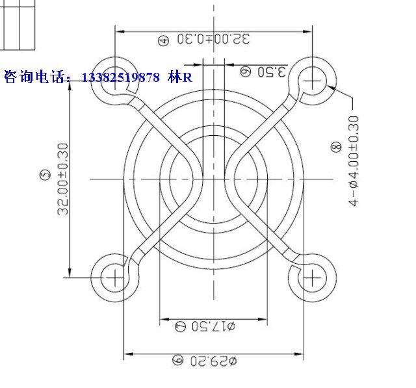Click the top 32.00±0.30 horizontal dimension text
pyautogui.click(x=214, y=39)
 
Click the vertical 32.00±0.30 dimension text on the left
pyautogui.click(x=63, y=179)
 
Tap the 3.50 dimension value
pyautogui.click(x=272, y=72)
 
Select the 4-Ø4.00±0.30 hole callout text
pyautogui.click(x=354, y=161)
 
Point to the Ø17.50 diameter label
pyautogui.click(x=214, y=326)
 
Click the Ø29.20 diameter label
pyautogui.click(x=214, y=361)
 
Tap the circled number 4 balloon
pyautogui.click(x=164, y=41)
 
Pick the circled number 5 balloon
pyautogui.click(x=45, y=175)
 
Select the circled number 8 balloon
pyautogui.click(x=337, y=147)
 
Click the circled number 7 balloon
pyautogui.click(x=181, y=326)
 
